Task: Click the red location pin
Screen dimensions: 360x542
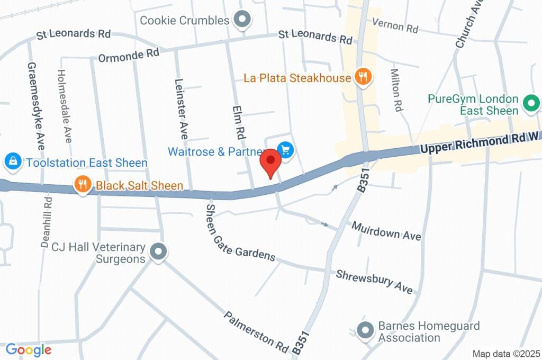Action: (271, 161)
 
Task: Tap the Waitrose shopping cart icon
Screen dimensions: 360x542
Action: (286, 151)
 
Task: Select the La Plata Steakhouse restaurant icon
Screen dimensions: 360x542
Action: (363, 77)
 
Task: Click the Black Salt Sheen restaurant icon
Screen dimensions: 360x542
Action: (82, 185)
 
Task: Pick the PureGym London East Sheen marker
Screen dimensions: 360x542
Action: (530, 103)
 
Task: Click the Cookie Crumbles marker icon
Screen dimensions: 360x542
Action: (242, 20)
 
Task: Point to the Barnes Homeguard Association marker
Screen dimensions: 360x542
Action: (365, 331)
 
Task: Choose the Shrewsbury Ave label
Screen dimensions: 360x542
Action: (374, 281)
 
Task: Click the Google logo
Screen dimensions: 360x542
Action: (29, 349)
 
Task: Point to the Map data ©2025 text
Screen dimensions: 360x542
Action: (506, 354)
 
